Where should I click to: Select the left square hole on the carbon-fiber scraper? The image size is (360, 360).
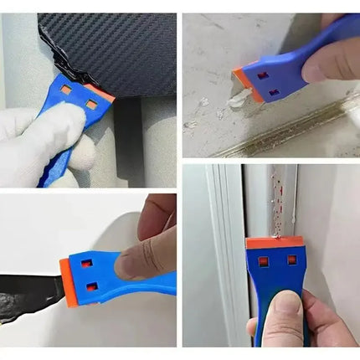[x=65, y=88]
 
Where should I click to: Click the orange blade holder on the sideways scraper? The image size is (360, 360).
[x=65, y=274]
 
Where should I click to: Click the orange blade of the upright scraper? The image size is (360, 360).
[x=272, y=241]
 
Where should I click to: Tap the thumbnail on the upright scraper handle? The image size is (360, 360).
[x=282, y=301]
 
